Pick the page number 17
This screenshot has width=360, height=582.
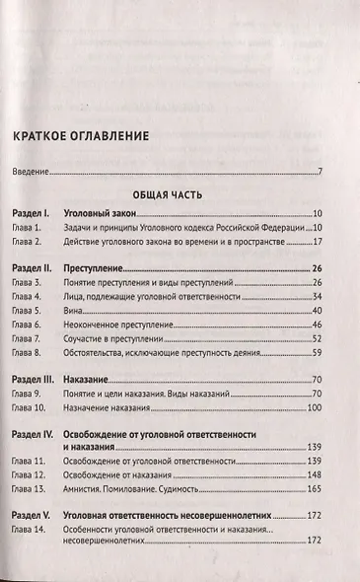click(x=318, y=241)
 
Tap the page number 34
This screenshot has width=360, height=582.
click(x=318, y=296)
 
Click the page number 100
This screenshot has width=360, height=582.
click(x=316, y=407)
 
